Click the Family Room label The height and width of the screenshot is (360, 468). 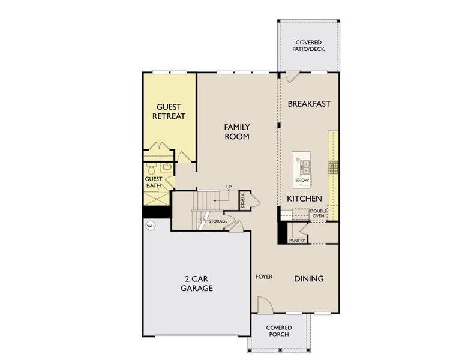236,131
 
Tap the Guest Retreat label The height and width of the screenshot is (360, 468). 169,112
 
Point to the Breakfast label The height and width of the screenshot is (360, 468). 309,104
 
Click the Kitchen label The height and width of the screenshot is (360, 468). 305,199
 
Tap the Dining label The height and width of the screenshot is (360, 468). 309,279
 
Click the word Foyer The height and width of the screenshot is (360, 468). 264,277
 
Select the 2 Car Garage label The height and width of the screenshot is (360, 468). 197,283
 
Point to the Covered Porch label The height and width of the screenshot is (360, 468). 279,331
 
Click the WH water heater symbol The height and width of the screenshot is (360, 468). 150,226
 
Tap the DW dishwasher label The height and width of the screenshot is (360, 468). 305,180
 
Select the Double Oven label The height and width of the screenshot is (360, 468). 317,214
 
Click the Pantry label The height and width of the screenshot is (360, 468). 297,241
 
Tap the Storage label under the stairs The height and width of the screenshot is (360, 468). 218,221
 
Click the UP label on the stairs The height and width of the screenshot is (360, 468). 229,188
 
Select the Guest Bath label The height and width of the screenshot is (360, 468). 154,182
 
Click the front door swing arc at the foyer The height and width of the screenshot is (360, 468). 266,305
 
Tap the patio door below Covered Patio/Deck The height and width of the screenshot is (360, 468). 292,77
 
